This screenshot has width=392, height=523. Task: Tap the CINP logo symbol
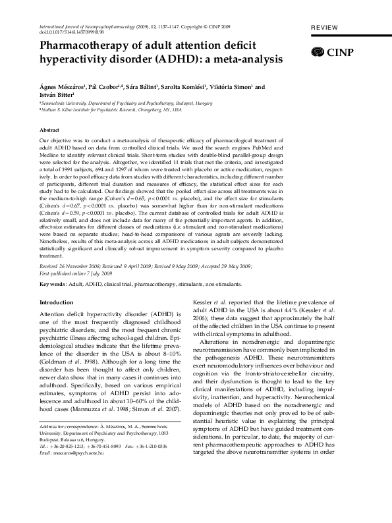(318, 51)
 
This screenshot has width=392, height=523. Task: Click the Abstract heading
(50, 130)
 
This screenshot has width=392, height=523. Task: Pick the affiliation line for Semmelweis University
(118, 103)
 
